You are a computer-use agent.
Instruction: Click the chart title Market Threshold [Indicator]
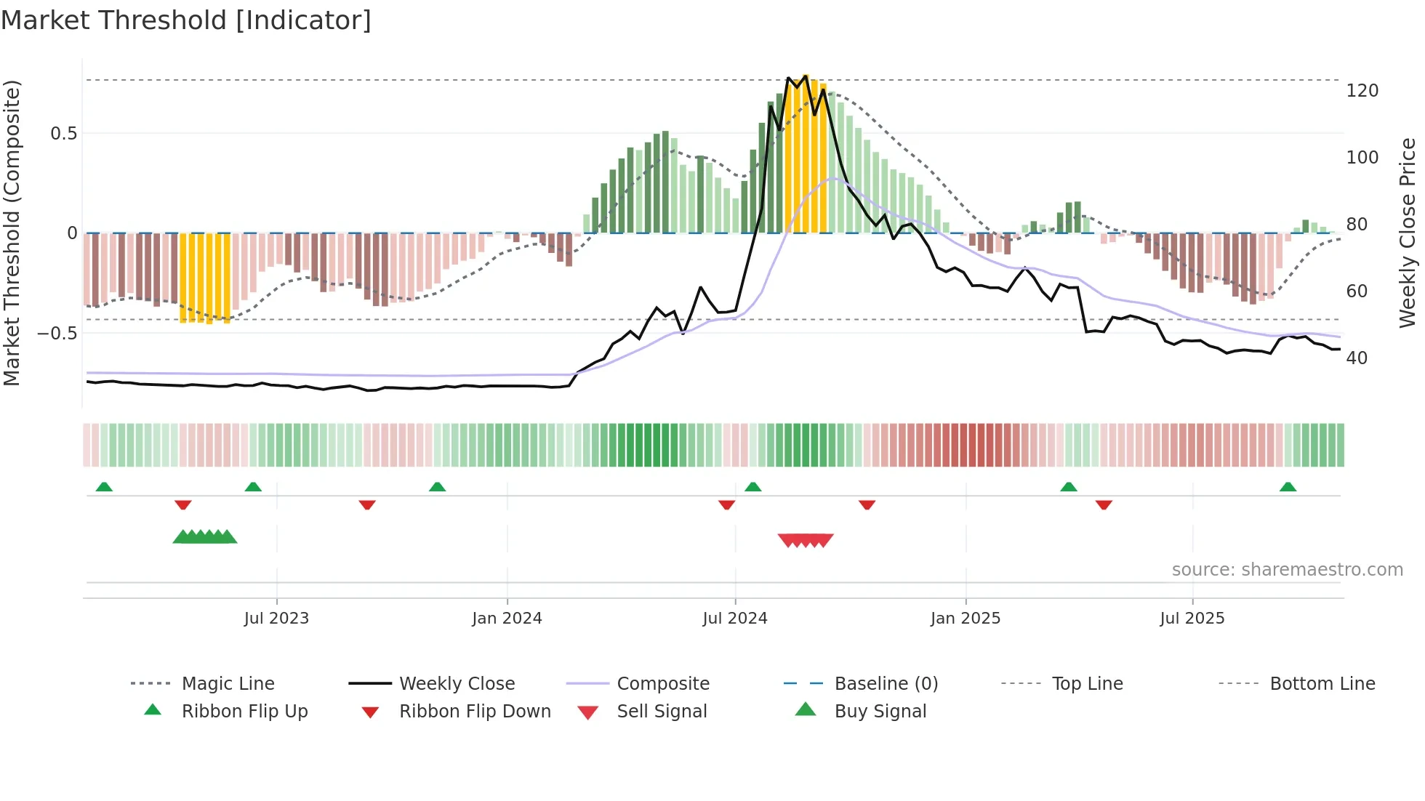(186, 20)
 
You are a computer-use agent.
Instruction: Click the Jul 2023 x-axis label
(276, 618)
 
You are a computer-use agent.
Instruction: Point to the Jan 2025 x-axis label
(966, 618)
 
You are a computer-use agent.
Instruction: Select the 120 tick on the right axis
(1362, 91)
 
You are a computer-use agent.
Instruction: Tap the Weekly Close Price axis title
(1408, 233)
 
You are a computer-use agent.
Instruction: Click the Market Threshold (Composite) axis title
(12, 233)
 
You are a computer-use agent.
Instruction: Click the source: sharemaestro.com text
(1287, 570)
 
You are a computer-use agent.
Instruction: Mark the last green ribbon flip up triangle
(1288, 487)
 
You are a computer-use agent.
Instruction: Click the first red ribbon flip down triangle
(183, 504)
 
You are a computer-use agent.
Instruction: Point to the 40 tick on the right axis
(1357, 358)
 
